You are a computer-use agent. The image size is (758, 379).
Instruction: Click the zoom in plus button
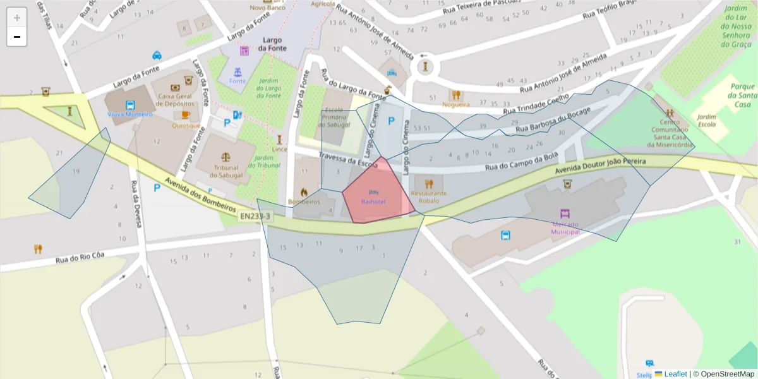pos(17,18)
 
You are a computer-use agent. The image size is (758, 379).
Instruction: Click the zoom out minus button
pos(17,37)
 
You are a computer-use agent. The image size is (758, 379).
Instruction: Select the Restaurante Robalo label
pos(428,196)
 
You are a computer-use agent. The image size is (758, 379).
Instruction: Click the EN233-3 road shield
pos(256,216)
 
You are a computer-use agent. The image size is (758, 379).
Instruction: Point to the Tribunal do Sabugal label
pos(226,171)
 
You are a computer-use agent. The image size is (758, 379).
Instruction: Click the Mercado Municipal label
pos(565,228)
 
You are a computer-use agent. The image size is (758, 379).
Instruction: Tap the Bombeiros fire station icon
pos(304,191)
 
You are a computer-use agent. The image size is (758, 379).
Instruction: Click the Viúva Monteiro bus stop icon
pos(130,105)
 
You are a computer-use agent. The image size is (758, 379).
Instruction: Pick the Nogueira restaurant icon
pos(455,95)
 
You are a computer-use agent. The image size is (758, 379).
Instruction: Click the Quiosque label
pos(186,125)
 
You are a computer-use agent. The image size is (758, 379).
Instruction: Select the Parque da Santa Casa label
pos(742,95)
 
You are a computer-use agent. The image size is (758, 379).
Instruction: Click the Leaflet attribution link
pos(675,374)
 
